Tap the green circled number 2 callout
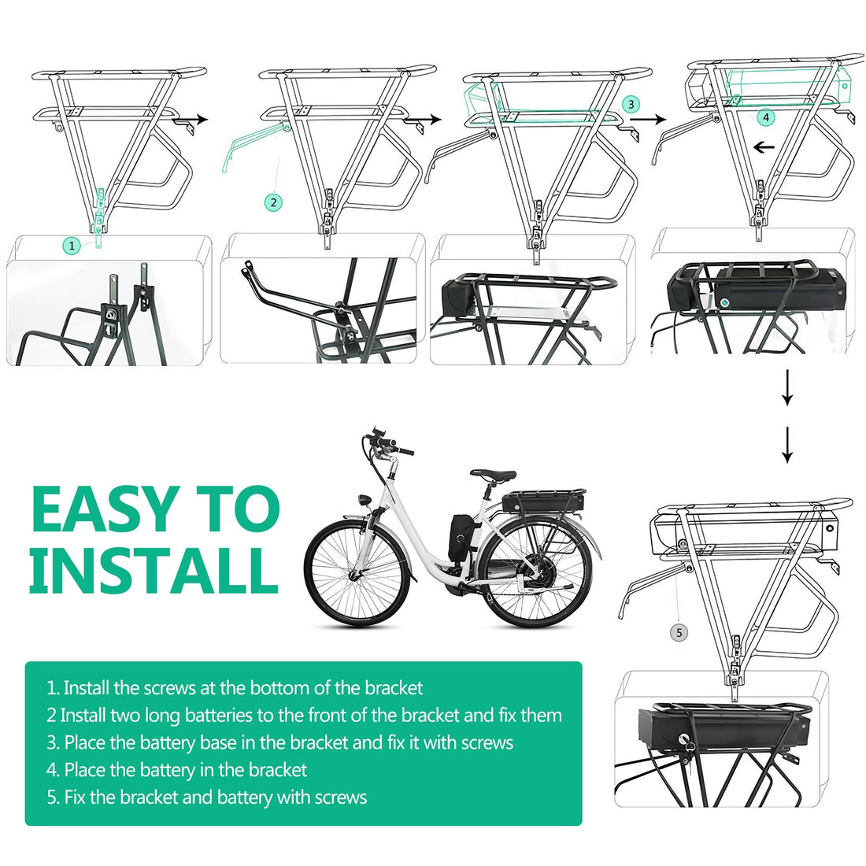[273, 202]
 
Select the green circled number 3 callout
[631, 104]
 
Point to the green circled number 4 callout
[766, 117]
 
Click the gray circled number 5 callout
[679, 632]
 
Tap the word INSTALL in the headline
[154, 569]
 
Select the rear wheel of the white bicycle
[537, 572]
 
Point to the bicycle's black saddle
[494, 476]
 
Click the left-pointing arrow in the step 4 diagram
[764, 146]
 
